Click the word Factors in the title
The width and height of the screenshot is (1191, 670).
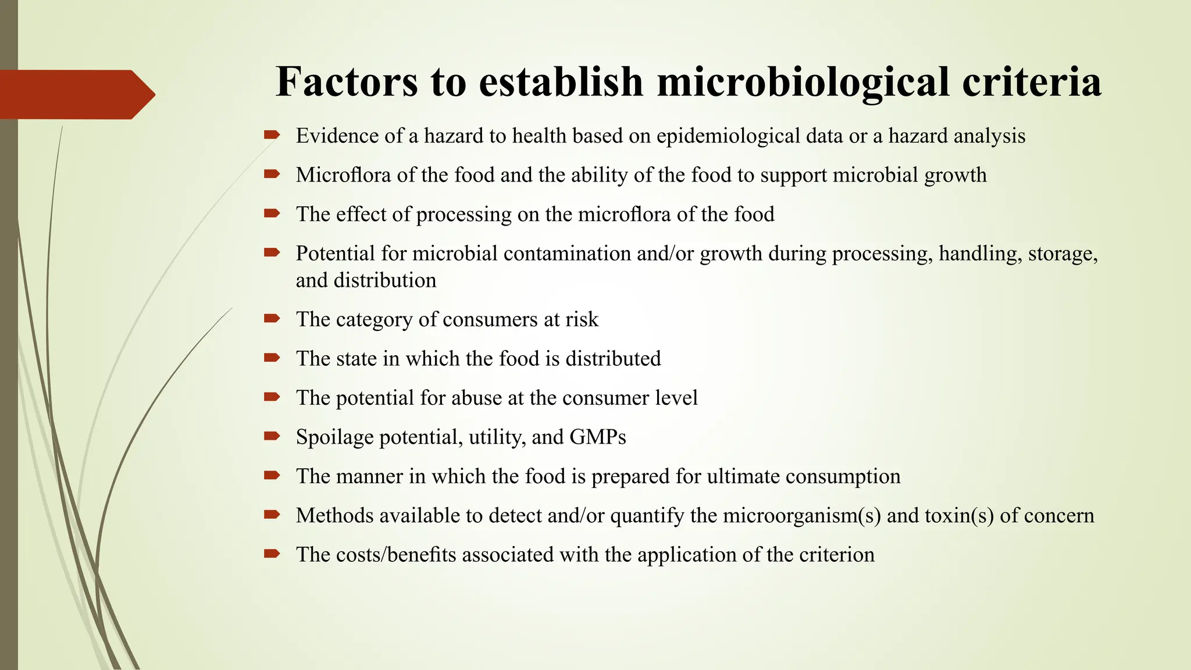[347, 81]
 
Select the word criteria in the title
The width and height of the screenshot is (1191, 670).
[1032, 81]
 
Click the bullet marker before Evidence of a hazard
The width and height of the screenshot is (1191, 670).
[272, 136]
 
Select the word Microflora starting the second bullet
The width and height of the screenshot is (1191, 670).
[343, 175]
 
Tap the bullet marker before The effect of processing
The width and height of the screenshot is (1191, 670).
[272, 214]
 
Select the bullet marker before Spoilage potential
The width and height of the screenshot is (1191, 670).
[272, 436]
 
